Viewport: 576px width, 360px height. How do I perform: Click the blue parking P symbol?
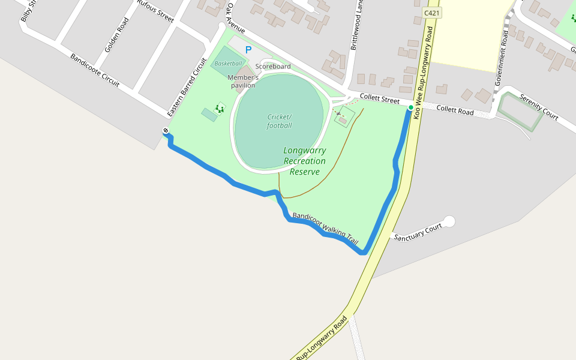click(248, 50)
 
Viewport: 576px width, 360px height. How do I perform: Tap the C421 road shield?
click(432, 13)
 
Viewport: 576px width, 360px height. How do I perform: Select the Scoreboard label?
click(273, 67)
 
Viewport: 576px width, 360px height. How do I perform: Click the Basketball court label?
click(229, 64)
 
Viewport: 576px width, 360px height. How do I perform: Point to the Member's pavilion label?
click(243, 82)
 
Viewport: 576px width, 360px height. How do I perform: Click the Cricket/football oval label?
click(280, 121)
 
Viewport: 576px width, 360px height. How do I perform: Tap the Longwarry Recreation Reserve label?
click(305, 161)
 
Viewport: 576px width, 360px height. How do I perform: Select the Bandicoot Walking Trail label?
click(325, 229)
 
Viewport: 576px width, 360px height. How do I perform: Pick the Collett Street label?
click(379, 98)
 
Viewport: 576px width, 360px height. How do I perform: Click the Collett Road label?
click(455, 110)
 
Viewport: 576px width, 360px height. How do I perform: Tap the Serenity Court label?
click(539, 107)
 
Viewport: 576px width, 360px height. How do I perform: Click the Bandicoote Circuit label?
click(95, 70)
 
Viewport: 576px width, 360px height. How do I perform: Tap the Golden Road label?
click(116, 35)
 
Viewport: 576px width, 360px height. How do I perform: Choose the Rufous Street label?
click(155, 11)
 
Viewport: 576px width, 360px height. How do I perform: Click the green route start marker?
click(411, 107)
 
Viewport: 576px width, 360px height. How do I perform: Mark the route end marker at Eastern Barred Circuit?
click(166, 131)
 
